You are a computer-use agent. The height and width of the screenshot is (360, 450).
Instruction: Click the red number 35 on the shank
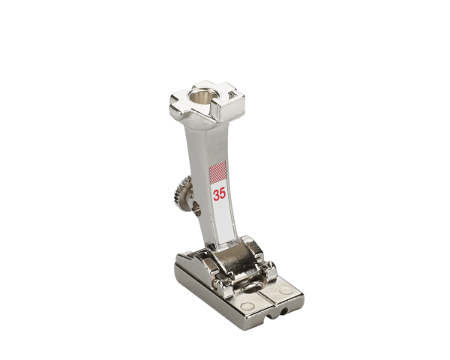220,195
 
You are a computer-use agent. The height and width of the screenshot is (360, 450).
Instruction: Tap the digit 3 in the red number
216,195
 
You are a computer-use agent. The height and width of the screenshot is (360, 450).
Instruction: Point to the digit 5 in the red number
223,194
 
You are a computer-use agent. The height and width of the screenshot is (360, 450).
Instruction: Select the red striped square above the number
218,172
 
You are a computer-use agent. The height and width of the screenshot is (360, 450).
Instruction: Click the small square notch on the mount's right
232,93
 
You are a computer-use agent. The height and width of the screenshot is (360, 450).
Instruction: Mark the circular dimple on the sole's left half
246,306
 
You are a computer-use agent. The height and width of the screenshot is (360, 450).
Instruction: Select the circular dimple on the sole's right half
285,290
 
